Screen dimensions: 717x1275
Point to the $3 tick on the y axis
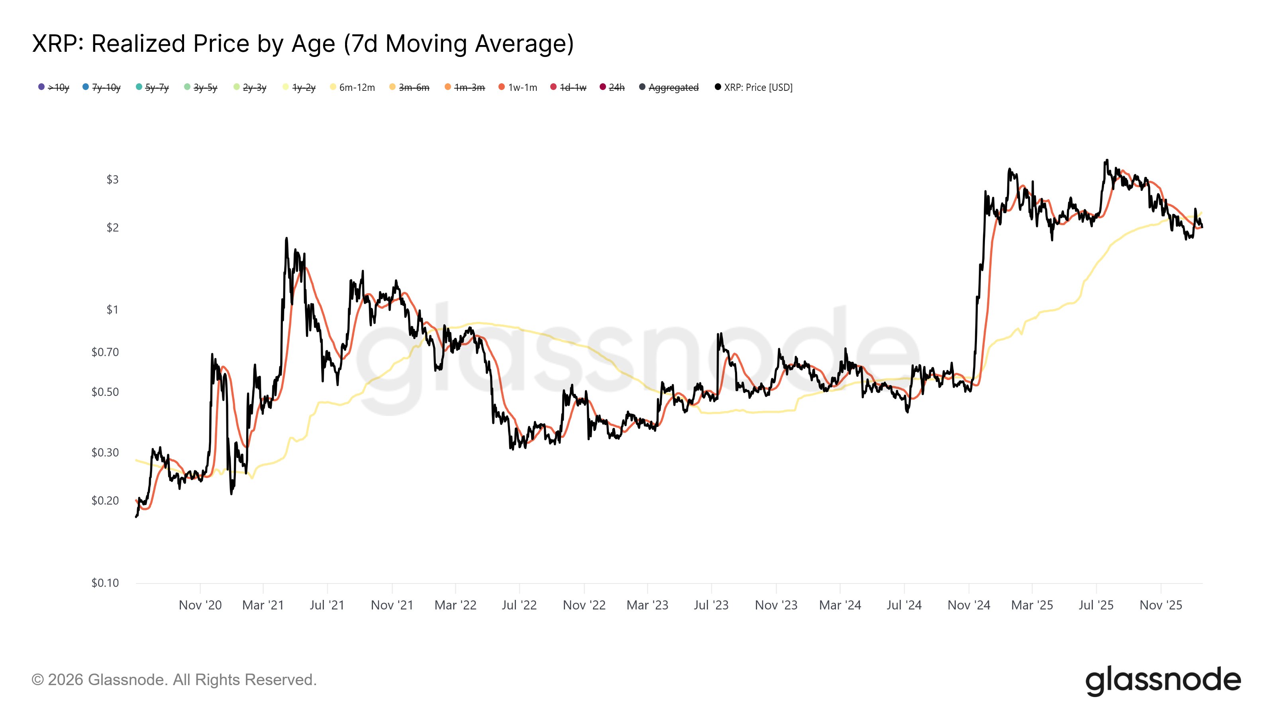112,180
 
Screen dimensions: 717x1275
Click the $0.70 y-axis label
105,352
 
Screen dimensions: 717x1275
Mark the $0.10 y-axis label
105,583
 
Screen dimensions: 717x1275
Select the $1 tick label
112,310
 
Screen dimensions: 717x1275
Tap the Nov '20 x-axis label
200,605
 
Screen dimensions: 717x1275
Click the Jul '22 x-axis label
519,605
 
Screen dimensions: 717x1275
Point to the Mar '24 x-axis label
840,605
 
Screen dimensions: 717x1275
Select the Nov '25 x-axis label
1161,605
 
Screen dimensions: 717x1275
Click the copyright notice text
174,680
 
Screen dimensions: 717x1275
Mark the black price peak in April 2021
286,239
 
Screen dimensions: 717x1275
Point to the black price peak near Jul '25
1107,160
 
